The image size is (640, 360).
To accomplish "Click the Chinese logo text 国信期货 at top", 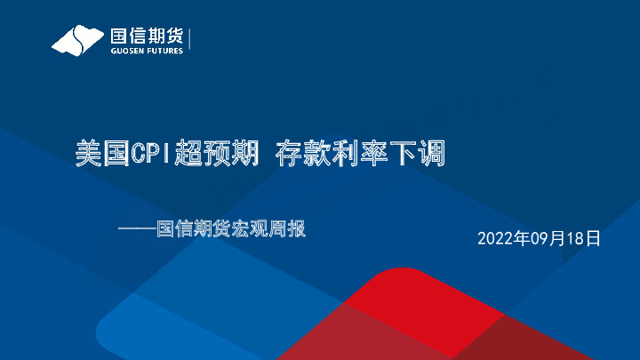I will coord(146,36).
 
